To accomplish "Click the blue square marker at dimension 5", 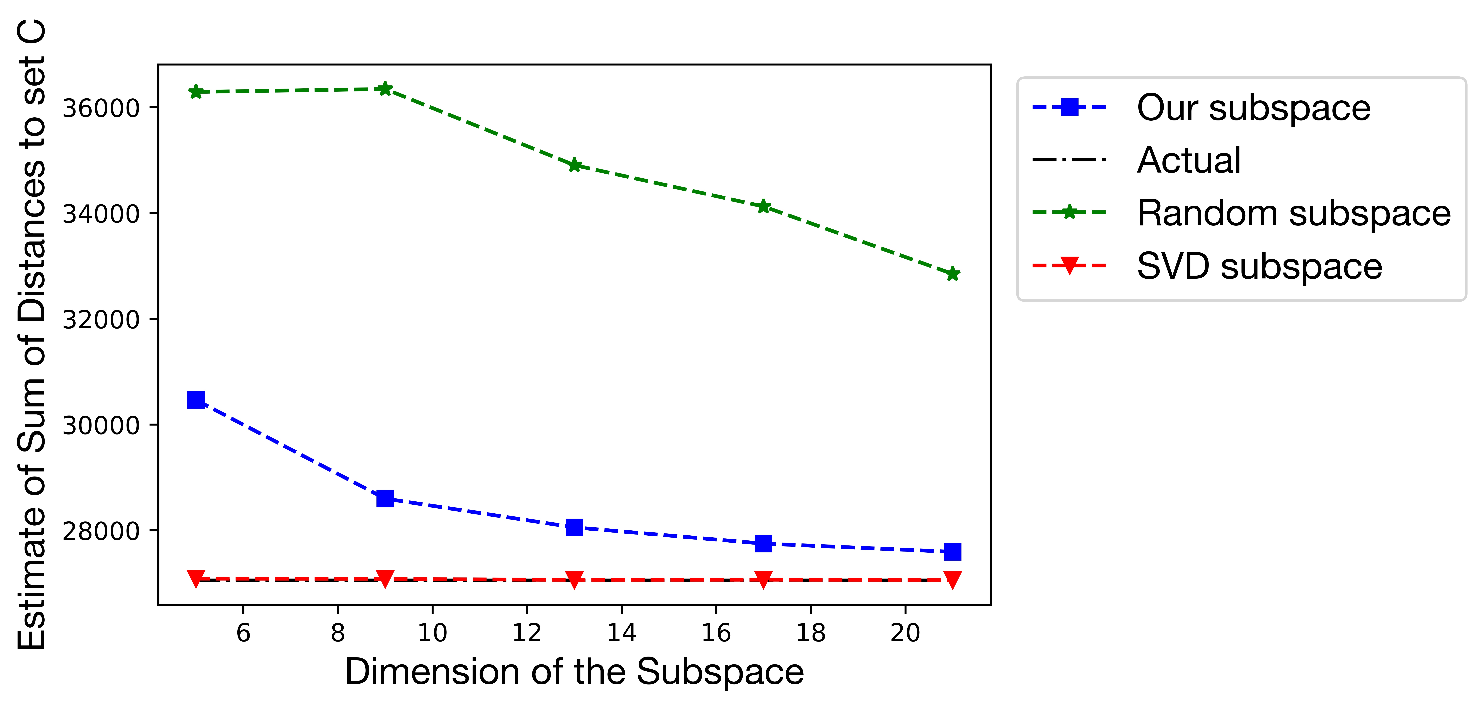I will click(x=196, y=400).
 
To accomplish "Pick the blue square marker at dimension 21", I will click(x=952, y=552).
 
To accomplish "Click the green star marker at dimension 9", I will click(x=385, y=89).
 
